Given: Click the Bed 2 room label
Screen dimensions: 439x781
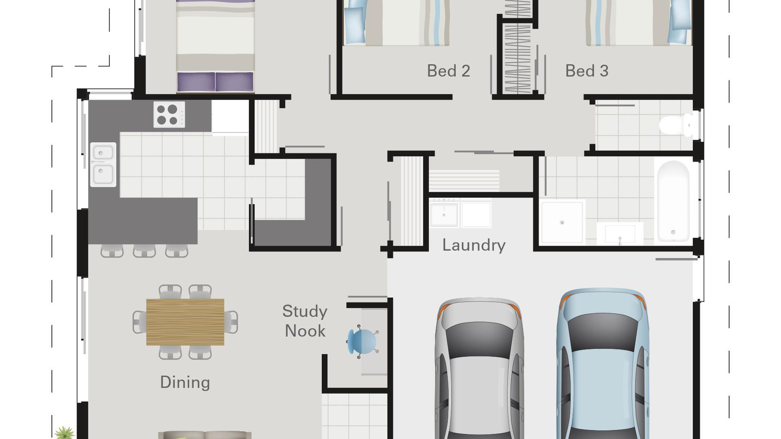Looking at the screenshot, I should (x=448, y=71).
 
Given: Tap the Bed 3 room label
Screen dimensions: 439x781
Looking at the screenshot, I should (x=587, y=71).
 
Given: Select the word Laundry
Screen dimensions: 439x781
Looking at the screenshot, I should (x=474, y=245).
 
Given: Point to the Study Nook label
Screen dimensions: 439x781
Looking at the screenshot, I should (x=305, y=321).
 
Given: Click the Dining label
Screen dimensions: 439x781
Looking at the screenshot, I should (x=185, y=382).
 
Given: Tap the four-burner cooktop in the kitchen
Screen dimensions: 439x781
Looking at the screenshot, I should (x=169, y=115).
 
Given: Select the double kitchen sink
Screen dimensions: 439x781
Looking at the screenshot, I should (x=103, y=164).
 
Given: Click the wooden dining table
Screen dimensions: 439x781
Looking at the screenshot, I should (x=185, y=322).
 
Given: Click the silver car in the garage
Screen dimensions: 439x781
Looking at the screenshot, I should (x=479, y=370).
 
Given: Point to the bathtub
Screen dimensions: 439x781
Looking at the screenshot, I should (x=673, y=201).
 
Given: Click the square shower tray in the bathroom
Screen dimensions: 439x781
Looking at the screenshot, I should (x=562, y=222).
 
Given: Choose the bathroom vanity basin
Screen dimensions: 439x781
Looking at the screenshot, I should (x=620, y=234).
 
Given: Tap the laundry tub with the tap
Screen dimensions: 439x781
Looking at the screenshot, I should (x=444, y=213).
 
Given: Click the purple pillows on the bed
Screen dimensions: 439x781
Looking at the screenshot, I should (x=215, y=82).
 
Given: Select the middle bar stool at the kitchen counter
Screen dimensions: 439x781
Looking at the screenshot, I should (x=144, y=251).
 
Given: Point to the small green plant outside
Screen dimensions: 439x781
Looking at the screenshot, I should (x=64, y=433).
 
